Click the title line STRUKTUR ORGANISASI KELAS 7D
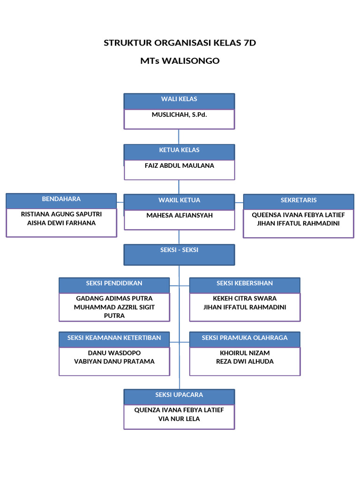coord(180,43)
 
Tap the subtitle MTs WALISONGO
coord(180,61)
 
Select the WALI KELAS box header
coord(179,99)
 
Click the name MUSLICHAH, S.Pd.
coord(179,115)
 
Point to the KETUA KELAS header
coord(179,150)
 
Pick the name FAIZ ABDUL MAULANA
coord(179,165)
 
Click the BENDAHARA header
coord(61,199)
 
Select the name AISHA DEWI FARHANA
coord(61,223)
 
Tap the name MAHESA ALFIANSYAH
coord(179,216)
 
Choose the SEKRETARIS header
coord(299,200)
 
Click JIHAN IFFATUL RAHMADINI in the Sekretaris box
coord(299,224)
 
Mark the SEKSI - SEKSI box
coord(179,250)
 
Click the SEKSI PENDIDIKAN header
coord(114,284)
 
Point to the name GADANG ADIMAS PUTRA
coord(114,299)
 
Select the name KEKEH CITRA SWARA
coord(245,299)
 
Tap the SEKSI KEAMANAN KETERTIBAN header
coord(114,338)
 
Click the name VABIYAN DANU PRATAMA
coord(114,361)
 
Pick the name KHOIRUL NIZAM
coord(245,353)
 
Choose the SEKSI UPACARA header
coord(179,395)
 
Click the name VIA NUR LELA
coord(179,419)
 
